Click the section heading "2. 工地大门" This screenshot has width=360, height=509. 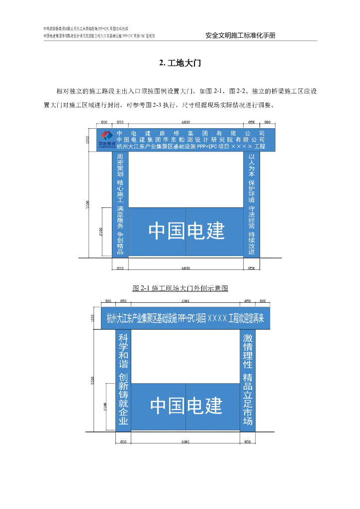point(180,63)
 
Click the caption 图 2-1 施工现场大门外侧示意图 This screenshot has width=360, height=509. point(180,288)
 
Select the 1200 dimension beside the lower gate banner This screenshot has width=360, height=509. point(92,318)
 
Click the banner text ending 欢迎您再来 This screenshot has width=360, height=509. point(185,318)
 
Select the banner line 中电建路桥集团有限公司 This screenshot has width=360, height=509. point(191,133)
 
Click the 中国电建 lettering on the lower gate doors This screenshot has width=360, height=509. point(186,406)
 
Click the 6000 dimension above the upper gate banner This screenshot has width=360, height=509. point(185,122)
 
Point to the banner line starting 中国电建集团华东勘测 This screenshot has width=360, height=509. point(191,140)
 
